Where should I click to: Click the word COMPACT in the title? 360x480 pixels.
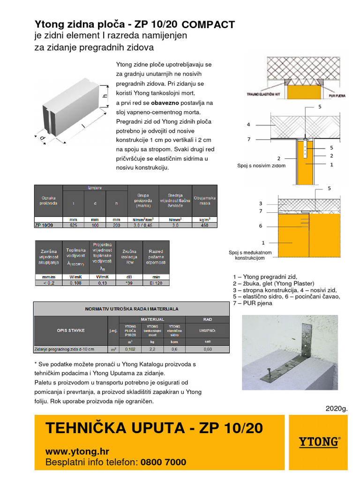coord(208,25)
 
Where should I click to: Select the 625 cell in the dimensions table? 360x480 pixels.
coord(73,225)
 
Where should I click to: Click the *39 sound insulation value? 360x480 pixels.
coord(129,283)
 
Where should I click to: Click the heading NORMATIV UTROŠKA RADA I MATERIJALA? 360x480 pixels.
coord(132,309)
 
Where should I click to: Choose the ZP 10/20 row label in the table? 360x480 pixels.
coord(45,225)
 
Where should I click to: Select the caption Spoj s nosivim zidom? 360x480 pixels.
coord(261,166)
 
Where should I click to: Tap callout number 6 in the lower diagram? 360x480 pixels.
coord(261,225)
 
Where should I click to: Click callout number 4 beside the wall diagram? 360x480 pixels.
coord(249,125)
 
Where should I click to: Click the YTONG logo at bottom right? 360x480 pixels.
coord(319,442)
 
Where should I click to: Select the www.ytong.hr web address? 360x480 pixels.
coord(77,452)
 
